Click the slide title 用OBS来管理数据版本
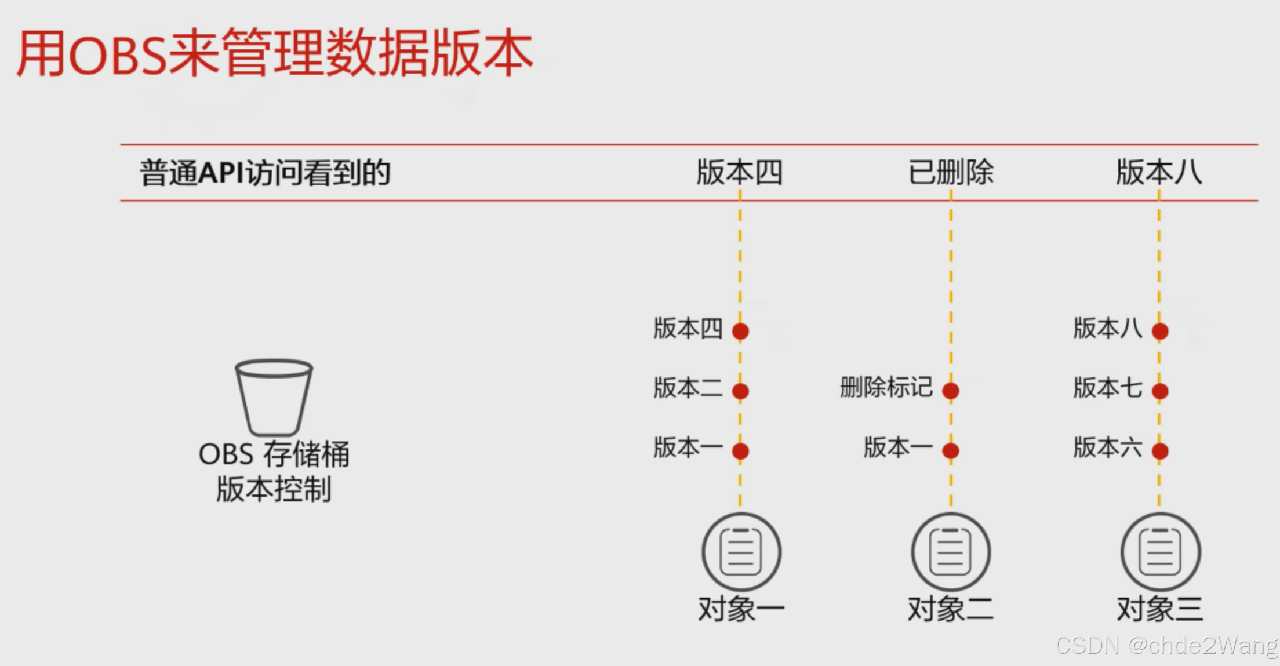274,53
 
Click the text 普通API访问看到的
265,173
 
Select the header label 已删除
951,172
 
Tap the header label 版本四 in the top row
739,172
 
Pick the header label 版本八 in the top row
1159,172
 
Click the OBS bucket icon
274,397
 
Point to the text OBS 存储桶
274,454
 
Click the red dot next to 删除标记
951,391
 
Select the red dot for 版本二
740,391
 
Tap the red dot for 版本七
1160,391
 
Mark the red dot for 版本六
1160,451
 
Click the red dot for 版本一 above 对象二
951,451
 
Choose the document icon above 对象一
741,552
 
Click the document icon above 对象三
1161,552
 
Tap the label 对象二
951,609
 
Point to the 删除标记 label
886,387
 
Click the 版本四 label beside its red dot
688,329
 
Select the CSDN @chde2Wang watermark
1166,645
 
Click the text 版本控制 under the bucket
274,489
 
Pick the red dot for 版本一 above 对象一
740,451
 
